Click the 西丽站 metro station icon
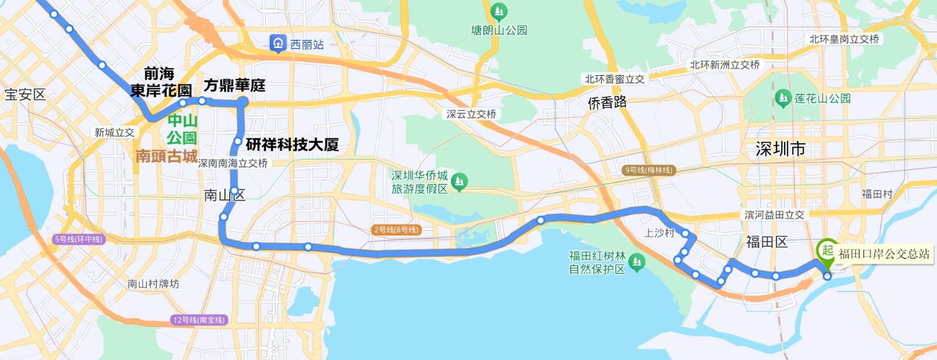[277, 43]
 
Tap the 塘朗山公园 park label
[499, 30]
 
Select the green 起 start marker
[827, 251]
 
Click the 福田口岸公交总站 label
[884, 254]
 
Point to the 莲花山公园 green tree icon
[783, 98]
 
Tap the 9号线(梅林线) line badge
[649, 170]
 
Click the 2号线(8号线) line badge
[396, 230]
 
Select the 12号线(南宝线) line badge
[199, 320]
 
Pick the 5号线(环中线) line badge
[79, 239]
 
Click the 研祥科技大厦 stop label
[292, 144]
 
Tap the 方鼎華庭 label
[235, 86]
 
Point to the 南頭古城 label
[167, 156]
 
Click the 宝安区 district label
[25, 95]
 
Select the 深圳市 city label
[780, 149]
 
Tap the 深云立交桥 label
[471, 114]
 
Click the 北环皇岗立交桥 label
[844, 39]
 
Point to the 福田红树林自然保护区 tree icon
[637, 261]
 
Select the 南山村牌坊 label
[153, 284]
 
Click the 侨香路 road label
[607, 103]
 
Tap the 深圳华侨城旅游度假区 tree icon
[459, 182]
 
